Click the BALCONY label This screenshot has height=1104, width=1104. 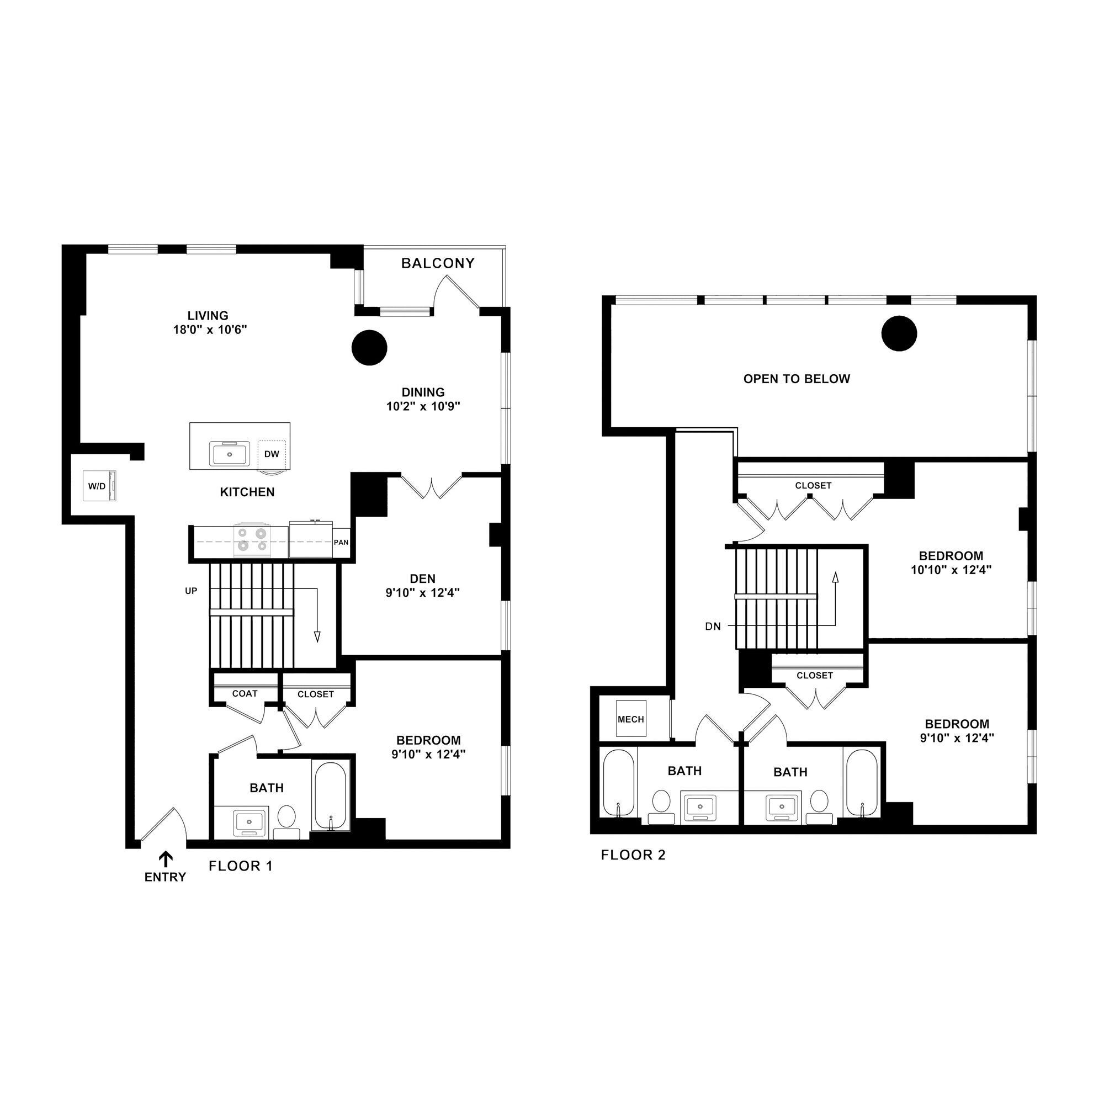[438, 263]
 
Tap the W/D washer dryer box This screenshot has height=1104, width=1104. [99, 486]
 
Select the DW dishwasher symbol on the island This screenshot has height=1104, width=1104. [272, 454]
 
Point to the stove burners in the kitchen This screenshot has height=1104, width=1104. [253, 539]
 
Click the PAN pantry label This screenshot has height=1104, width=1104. [341, 542]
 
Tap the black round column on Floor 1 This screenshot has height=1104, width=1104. [369, 347]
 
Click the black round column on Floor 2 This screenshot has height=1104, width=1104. [899, 333]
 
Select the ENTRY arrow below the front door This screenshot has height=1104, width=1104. [166, 859]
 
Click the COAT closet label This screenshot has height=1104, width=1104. [245, 693]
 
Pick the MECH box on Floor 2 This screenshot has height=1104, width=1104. [631, 719]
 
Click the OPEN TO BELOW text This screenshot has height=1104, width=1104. [797, 379]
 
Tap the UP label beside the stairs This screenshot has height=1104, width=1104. [191, 591]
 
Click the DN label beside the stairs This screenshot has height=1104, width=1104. [713, 627]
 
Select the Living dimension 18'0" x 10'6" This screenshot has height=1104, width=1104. [210, 330]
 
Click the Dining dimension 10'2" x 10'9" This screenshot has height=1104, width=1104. [423, 406]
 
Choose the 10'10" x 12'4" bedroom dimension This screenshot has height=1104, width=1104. [951, 570]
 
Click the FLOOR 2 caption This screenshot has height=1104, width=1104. [633, 855]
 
